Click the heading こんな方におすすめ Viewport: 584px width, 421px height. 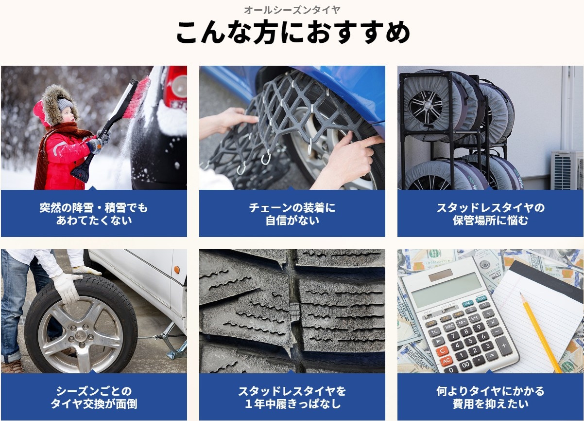[292, 33]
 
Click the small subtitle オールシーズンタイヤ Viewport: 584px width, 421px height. [292, 10]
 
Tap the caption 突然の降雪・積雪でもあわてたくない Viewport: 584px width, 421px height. [94, 214]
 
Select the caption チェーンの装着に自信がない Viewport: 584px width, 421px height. [292, 214]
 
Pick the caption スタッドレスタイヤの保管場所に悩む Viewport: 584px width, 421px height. [490, 214]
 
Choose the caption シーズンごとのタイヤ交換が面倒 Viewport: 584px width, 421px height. [94, 397]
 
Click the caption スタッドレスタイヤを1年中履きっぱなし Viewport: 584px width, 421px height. [292, 397]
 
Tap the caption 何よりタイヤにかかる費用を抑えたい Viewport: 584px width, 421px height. [490, 397]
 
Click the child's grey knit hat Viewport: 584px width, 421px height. [64, 104]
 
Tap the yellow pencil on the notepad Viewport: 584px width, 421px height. [540, 331]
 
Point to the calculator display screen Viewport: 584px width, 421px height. [447, 289]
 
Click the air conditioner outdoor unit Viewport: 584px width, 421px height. [567, 170]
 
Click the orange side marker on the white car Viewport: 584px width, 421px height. [176, 269]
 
